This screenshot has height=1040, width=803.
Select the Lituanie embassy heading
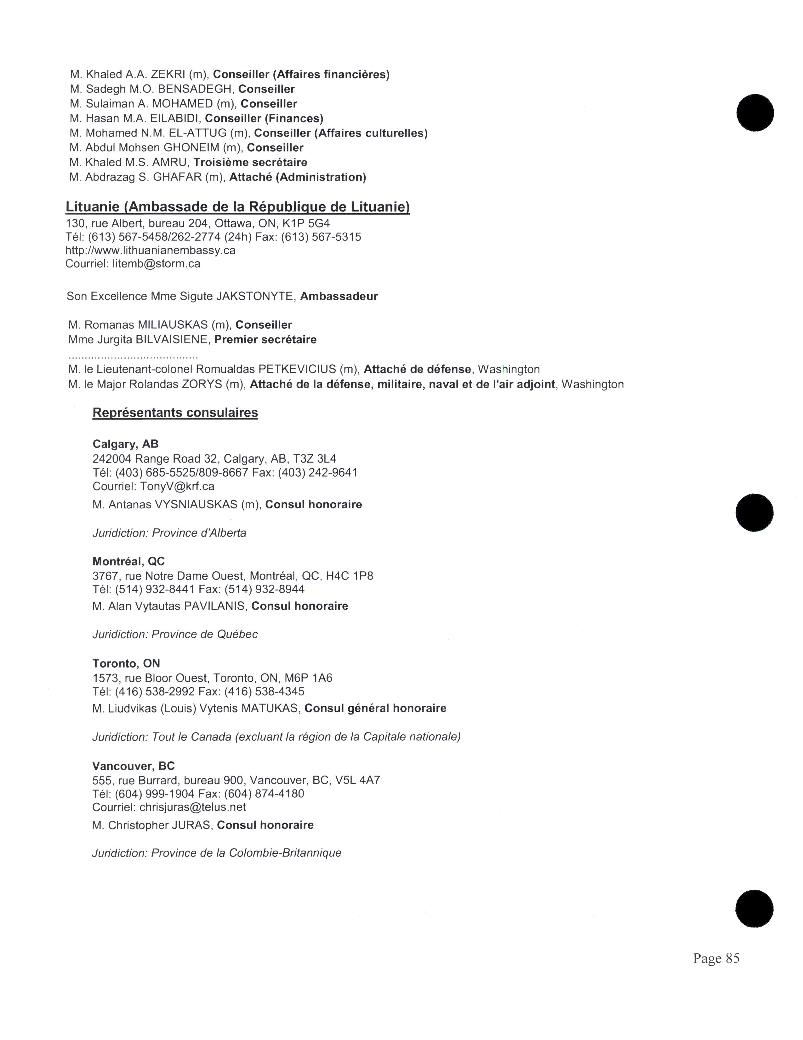click(x=237, y=207)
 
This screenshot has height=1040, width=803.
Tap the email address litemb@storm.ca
click(x=156, y=263)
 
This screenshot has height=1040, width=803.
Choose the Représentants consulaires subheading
click(x=175, y=413)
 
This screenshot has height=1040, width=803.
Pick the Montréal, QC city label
click(x=128, y=561)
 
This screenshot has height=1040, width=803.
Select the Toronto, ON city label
click(x=126, y=663)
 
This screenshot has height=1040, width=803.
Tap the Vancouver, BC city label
click(x=133, y=766)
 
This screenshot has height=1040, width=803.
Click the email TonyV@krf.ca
click(x=177, y=486)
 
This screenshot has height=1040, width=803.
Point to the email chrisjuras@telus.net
click(x=193, y=807)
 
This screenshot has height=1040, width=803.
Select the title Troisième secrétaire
click(x=250, y=162)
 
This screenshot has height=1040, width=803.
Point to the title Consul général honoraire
click(x=375, y=708)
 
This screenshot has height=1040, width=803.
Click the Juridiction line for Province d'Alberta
click(x=169, y=533)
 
